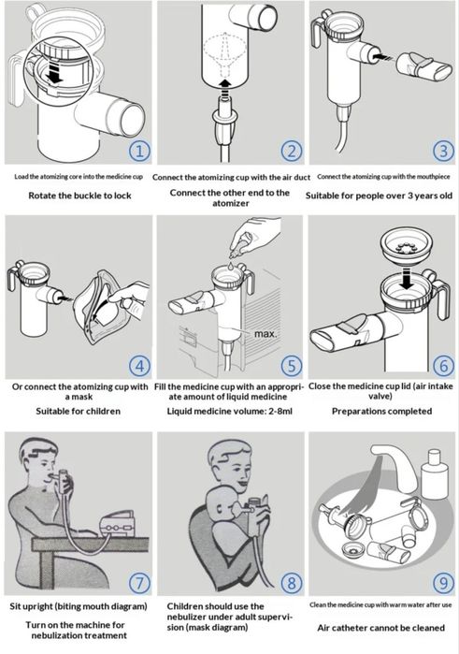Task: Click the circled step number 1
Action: [139, 151]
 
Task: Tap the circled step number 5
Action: [292, 366]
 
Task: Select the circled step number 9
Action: [443, 582]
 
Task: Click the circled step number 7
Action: [139, 582]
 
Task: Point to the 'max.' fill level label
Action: [265, 334]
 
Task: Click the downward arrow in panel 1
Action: [54, 71]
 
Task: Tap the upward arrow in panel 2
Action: [225, 88]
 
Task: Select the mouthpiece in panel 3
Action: [423, 67]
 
